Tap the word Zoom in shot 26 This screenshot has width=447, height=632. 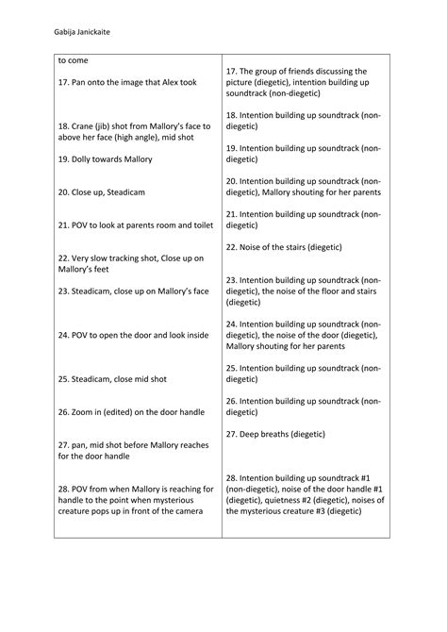[86, 412]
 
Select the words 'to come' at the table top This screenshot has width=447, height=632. [74, 61]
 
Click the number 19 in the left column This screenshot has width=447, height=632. [62, 159]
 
